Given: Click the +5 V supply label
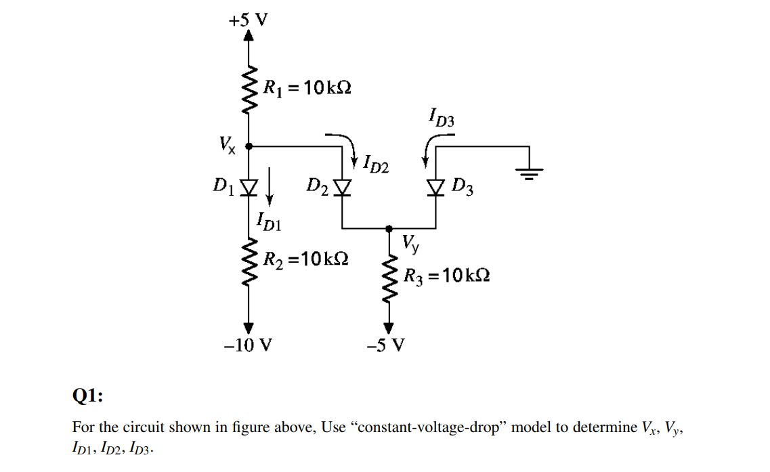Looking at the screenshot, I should coord(248,20).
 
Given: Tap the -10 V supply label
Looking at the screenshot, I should coord(248,346).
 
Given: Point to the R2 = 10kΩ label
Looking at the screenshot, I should coord(306,259).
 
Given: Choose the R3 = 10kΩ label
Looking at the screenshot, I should coord(446,276).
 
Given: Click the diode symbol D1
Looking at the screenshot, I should coord(249,186).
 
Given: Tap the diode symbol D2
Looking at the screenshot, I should coord(343,186).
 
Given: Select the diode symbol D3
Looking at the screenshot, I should coord(435,186).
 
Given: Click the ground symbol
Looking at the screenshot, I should coord(530,172).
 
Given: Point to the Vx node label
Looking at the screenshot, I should coord(227,145).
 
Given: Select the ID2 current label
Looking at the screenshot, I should coord(375,163).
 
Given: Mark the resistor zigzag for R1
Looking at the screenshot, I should coord(249,89).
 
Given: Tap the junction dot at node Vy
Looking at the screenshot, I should coord(389,228).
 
